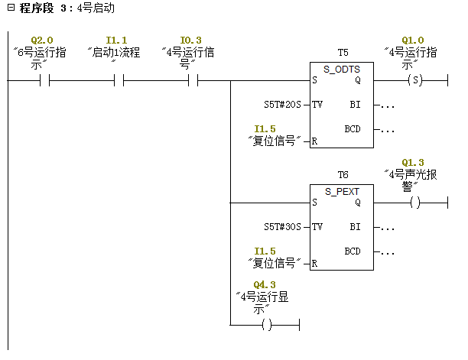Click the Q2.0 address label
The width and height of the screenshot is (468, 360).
point(42,40)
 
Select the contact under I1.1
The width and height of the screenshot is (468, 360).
point(119,80)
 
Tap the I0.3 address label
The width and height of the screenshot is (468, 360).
point(190,40)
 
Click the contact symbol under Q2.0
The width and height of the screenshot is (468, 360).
point(44,80)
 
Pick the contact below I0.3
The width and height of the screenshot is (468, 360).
point(193,80)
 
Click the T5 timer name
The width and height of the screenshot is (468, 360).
point(343,53)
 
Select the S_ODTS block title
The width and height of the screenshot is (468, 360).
point(342,70)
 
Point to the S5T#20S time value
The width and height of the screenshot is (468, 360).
point(282,105)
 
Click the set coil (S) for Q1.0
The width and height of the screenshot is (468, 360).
point(415,80)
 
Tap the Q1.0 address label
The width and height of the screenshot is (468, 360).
point(413,40)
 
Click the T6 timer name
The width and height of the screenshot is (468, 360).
point(343,175)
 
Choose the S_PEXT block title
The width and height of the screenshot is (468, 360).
point(342,192)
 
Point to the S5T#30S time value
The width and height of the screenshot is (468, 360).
point(282,227)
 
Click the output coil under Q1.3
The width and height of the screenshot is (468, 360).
point(415,203)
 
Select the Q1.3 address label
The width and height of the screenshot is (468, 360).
point(413,162)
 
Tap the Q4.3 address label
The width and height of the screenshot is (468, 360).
point(265,284)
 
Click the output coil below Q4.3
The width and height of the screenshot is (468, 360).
point(267,325)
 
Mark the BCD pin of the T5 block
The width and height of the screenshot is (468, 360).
point(353,129)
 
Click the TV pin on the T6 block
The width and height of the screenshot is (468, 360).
point(317,227)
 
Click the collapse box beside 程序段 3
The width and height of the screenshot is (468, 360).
point(11,8)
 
